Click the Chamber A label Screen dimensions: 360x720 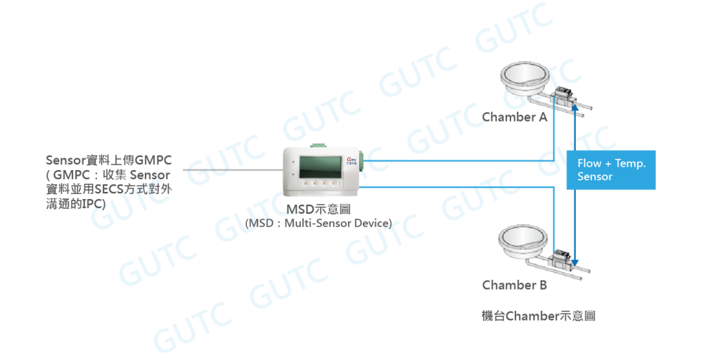tap(514, 117)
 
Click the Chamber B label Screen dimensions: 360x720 tap(514, 285)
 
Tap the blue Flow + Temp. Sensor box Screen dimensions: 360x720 tap(610, 170)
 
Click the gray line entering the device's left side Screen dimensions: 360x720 tap(232, 169)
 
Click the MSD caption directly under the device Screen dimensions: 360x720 tap(318, 209)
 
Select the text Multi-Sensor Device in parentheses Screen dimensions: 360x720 tap(337, 224)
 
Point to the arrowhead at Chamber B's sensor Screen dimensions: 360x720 tap(576, 264)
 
